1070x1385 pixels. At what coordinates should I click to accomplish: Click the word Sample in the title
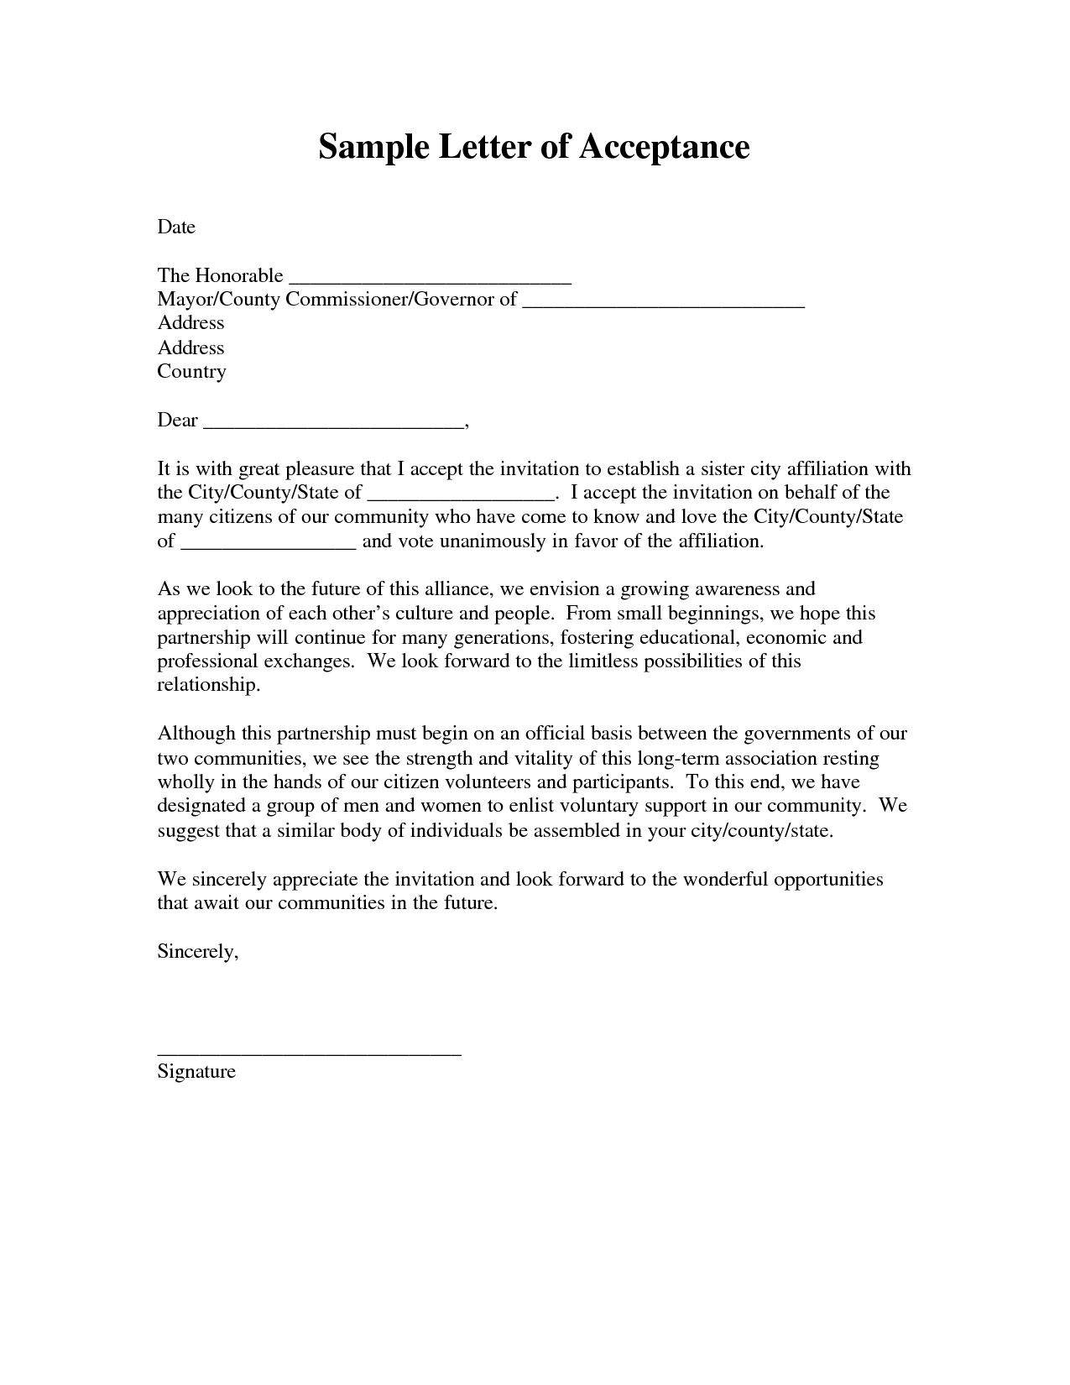click(363, 147)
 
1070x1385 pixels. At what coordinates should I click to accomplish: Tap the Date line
click(176, 227)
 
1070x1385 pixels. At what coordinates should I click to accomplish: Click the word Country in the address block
click(191, 371)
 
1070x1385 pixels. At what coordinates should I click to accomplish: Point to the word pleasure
click(319, 468)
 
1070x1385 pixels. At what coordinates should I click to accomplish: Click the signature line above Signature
click(309, 1052)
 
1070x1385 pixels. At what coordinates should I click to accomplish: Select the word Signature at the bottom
click(196, 1072)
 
